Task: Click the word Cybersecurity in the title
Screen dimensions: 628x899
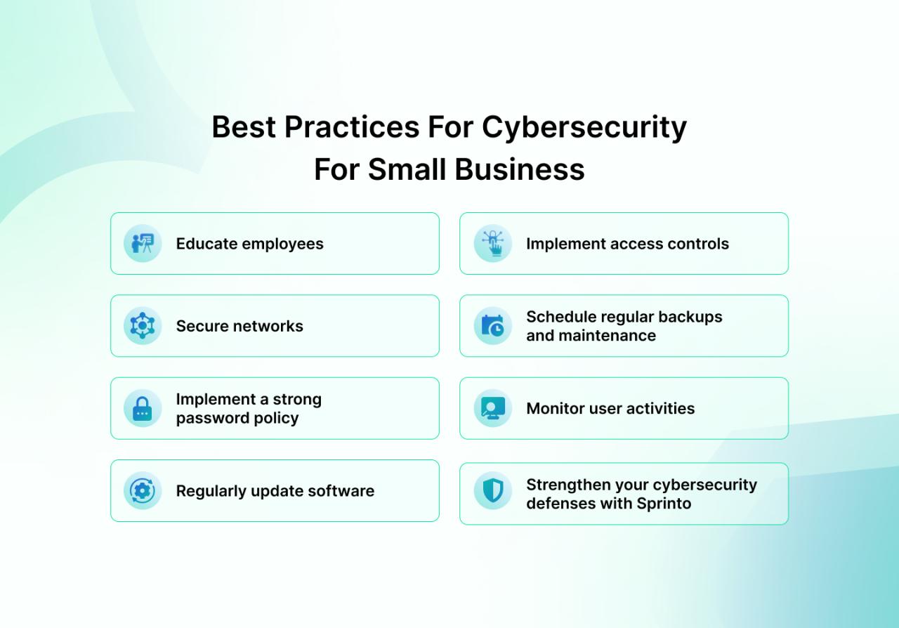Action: (584, 128)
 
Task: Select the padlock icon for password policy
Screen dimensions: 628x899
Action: (143, 408)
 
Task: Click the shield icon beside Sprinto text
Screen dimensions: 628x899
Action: (493, 490)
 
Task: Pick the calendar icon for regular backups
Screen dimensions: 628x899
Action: (493, 326)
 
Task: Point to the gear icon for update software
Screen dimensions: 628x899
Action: (143, 490)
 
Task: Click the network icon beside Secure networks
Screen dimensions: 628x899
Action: (143, 326)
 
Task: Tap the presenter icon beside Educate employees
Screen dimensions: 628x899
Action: (143, 244)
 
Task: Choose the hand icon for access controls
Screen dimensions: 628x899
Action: (493, 244)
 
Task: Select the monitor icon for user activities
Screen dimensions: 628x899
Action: (493, 408)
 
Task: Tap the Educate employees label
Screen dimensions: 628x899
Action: (249, 244)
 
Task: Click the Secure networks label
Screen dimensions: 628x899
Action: (239, 326)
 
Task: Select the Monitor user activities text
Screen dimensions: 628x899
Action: (610, 408)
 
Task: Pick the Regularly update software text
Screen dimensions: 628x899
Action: (275, 491)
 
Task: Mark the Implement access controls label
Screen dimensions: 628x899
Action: (627, 244)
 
